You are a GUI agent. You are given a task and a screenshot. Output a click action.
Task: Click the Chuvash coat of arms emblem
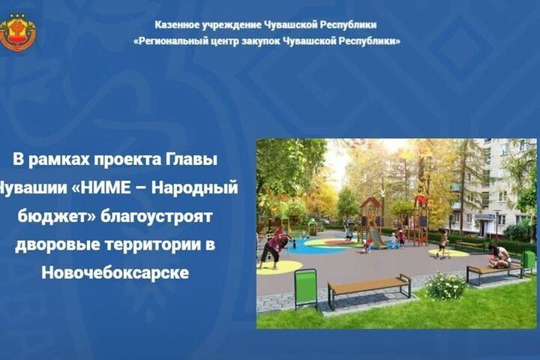[18, 33]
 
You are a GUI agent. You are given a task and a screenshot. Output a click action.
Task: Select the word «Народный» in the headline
[195, 188]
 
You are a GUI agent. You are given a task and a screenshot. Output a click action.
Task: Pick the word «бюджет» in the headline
[57, 217]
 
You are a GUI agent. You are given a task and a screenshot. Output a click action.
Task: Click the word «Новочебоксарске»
[115, 273]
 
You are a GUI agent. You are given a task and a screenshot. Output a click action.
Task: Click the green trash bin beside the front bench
[306, 289]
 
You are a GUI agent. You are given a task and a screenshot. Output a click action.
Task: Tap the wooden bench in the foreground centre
[369, 290]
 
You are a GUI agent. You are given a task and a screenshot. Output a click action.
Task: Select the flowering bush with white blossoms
[446, 286]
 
